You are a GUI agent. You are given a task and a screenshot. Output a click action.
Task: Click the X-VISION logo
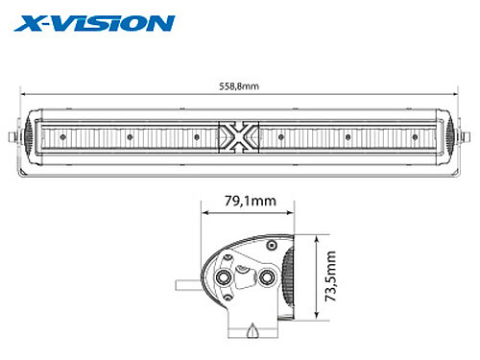pyautogui.click(x=94, y=24)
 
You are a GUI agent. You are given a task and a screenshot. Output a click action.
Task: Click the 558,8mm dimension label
pyautogui.click(x=239, y=86)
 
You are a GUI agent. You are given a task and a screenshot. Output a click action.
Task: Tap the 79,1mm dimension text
pyautogui.click(x=251, y=201)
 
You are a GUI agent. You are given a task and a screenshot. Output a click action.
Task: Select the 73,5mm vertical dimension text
pyautogui.click(x=330, y=276)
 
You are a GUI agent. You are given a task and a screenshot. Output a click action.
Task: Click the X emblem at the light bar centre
pyautogui.click(x=239, y=137)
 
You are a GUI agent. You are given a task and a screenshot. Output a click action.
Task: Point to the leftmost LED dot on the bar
pyautogui.click(x=63, y=137)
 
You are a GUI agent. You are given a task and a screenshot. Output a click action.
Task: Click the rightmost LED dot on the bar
pyautogui.click(x=415, y=137)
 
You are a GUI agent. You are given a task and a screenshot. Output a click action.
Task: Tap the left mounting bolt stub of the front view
pyautogui.click(x=12, y=137)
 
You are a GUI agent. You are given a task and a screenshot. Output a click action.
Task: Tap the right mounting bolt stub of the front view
pyautogui.click(x=466, y=137)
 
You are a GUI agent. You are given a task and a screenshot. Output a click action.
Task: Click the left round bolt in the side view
pyautogui.click(x=223, y=277)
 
